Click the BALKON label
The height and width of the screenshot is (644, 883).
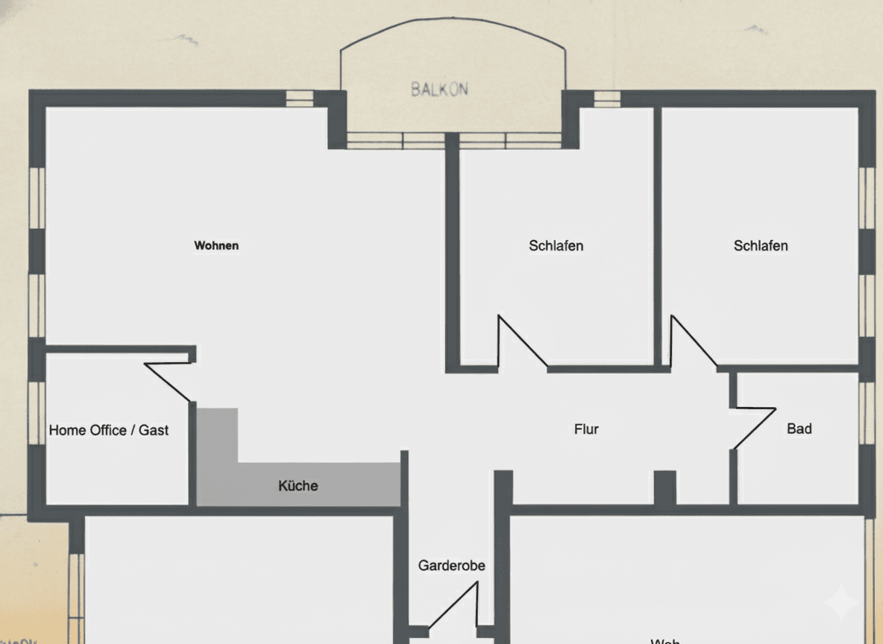pyautogui.click(x=439, y=89)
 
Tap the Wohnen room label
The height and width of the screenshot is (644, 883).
pyautogui.click(x=216, y=245)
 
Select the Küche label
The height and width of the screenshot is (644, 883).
pyautogui.click(x=298, y=486)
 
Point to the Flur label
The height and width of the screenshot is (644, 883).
pyautogui.click(x=586, y=429)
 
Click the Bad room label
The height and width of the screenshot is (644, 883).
pyautogui.click(x=799, y=429)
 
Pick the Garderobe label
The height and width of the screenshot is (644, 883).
pyautogui.click(x=451, y=566)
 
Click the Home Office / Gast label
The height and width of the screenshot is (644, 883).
pyautogui.click(x=109, y=430)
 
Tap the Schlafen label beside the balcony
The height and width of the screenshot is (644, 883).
pyautogui.click(x=556, y=245)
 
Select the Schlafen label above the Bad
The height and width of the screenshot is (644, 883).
pyautogui.click(x=761, y=245)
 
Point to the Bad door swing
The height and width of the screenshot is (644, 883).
pyautogui.click(x=755, y=428)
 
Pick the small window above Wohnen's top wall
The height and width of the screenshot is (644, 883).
pyautogui.click(x=296, y=98)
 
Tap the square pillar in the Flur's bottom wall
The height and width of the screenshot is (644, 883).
pyautogui.click(x=664, y=487)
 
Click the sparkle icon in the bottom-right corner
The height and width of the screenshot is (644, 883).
pyautogui.click(x=840, y=602)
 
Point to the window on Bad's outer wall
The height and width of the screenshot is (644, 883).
pyautogui.click(x=866, y=413)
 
